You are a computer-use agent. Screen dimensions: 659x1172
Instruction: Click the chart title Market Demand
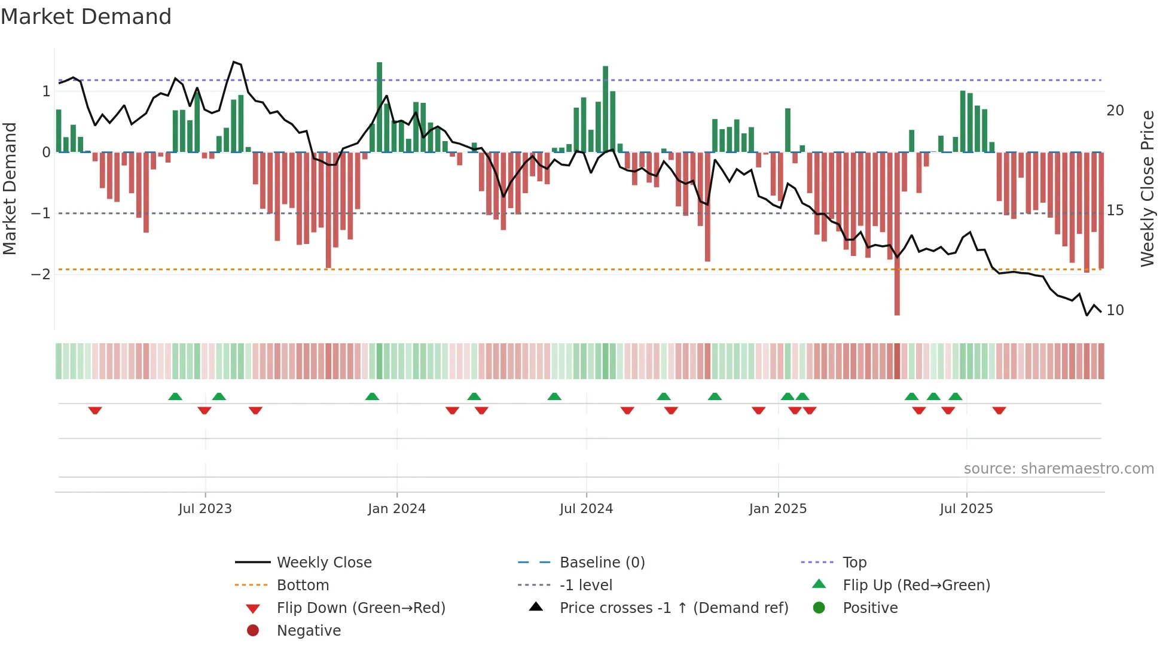point(86,17)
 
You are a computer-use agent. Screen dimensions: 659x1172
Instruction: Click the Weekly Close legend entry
point(323,563)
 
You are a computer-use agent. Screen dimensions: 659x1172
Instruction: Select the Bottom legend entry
point(303,585)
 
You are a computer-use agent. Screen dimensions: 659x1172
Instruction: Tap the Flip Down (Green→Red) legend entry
point(361,608)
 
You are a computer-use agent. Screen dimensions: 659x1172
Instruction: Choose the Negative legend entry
point(309,631)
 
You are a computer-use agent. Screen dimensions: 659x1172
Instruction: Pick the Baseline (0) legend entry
point(602,563)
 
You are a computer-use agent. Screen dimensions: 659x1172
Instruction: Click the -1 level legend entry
point(585,585)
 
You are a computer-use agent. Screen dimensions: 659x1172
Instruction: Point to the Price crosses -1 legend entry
point(673,608)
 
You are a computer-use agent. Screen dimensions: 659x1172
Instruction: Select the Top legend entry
point(854,563)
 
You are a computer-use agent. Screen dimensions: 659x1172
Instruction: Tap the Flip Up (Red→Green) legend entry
point(916,585)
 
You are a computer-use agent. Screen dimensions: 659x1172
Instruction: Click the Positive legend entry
point(869,608)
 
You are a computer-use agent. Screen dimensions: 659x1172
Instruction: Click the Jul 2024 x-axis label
point(586,509)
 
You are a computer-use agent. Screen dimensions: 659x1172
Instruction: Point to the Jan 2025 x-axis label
point(777,509)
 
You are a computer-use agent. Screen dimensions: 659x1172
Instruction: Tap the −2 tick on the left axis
point(41,274)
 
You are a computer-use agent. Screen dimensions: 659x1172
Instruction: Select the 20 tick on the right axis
point(1115,111)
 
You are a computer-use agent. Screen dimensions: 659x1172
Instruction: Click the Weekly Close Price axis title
point(1147,188)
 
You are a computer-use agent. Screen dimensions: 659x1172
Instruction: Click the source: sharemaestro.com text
point(1058,469)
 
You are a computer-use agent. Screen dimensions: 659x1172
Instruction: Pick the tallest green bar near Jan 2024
point(379,108)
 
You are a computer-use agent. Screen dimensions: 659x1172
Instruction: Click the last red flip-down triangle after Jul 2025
point(999,410)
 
